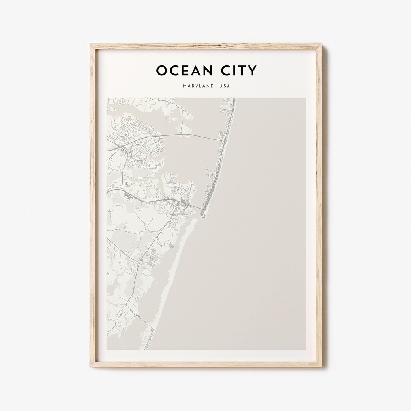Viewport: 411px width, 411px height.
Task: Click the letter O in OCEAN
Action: (161, 70)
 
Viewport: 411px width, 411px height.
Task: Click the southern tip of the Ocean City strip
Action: (204, 217)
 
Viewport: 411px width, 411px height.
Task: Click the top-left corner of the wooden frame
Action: (91, 45)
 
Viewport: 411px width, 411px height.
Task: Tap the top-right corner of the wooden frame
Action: (321, 45)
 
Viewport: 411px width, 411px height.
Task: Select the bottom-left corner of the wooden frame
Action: (91, 367)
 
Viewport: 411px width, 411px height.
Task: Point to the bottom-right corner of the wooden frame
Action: (321, 367)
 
